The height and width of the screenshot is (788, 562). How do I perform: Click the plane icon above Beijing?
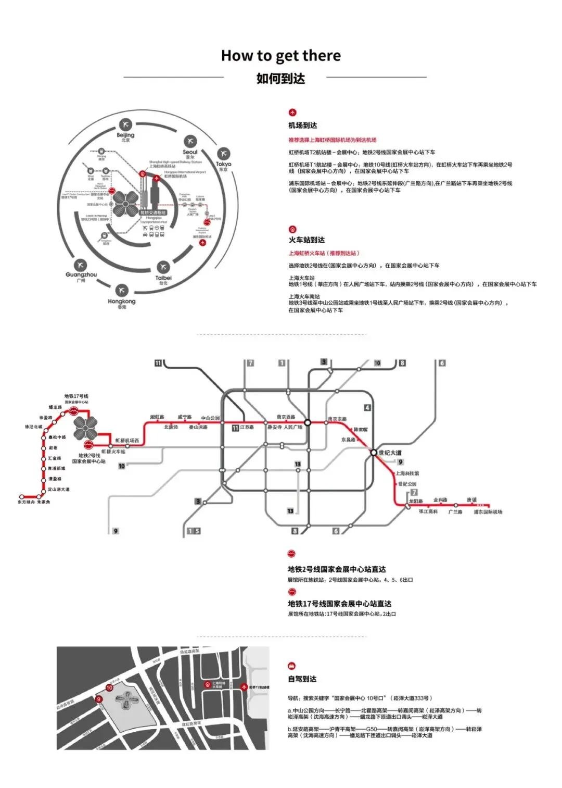(x=125, y=124)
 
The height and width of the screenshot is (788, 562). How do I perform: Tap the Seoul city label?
(x=190, y=152)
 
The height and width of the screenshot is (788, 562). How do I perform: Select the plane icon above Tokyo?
(x=223, y=154)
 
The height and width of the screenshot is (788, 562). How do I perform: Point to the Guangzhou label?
(x=81, y=274)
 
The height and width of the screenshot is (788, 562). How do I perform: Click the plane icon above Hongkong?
(x=122, y=290)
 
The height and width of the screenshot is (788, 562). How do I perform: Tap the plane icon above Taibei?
(x=163, y=267)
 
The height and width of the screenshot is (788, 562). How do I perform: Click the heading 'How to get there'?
(x=281, y=56)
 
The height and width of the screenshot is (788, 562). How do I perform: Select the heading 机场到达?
(x=303, y=126)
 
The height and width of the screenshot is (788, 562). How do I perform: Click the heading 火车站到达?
(x=306, y=240)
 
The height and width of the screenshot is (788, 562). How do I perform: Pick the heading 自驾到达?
(x=302, y=679)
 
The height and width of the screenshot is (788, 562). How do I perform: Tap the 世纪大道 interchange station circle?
(x=374, y=453)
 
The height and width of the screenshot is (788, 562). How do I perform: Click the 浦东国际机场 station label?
(x=488, y=512)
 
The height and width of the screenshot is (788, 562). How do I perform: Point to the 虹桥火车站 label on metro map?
(x=113, y=452)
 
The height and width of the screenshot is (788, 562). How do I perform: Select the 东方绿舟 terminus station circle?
(x=22, y=497)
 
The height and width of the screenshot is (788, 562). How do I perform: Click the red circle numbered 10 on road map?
(x=109, y=687)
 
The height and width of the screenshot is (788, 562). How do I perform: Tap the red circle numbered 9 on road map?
(x=98, y=699)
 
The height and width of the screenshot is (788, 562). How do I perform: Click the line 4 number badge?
(x=367, y=408)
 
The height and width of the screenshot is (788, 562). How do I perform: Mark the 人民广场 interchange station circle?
(x=308, y=422)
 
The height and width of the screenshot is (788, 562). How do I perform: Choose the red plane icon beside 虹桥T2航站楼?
(x=244, y=687)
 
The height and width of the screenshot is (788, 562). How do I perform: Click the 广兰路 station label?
(x=455, y=512)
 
